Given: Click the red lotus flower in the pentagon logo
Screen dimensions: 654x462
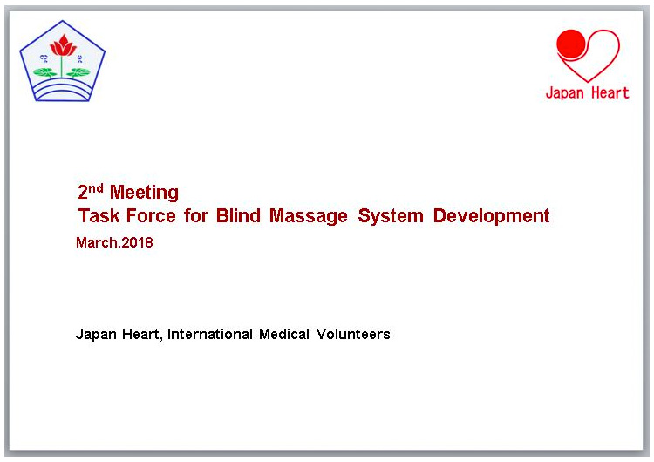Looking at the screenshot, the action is point(63,46).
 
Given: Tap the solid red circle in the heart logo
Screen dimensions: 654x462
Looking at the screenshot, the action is point(571,44).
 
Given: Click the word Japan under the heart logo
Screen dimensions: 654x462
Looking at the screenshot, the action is point(565,93).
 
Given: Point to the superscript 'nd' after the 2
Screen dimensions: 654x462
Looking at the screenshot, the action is point(96,188).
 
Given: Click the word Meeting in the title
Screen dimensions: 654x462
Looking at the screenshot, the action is point(144,193).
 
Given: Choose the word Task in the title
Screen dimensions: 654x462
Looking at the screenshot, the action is point(99,215).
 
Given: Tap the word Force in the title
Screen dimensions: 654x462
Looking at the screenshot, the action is point(151,215).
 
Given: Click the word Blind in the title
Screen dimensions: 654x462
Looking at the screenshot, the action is point(238,215).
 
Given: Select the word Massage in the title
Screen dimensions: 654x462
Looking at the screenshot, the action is point(308,216).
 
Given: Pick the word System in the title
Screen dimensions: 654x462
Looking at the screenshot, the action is point(391,216).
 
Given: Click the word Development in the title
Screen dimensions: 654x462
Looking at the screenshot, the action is point(491,216).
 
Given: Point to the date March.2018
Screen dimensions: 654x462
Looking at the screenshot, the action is point(114,242).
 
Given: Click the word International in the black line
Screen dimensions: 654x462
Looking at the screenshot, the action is point(210,334).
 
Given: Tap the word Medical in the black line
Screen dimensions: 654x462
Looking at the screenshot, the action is point(284,334).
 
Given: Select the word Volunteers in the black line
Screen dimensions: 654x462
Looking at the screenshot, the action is point(353,334).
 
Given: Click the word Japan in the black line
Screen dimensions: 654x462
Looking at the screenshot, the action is point(96,335).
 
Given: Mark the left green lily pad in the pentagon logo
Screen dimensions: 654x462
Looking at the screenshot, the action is point(45,72).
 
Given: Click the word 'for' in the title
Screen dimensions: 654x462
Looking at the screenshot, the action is point(195,215).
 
